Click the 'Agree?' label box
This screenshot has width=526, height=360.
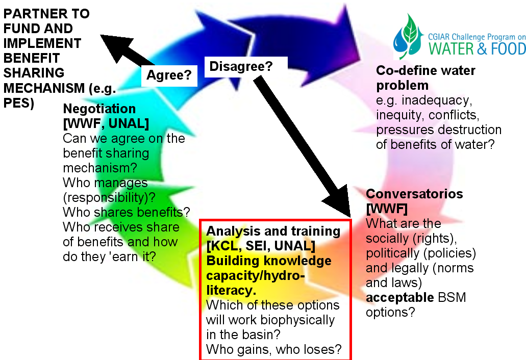click(x=169, y=75)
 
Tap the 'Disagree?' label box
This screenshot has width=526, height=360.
click(x=241, y=66)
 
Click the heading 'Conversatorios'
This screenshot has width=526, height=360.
click(x=415, y=194)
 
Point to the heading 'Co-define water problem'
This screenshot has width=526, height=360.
click(x=426, y=78)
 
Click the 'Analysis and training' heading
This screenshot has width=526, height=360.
click(x=273, y=232)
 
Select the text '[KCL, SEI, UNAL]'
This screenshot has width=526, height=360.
click(x=260, y=246)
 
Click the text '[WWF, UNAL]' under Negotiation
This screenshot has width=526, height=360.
click(x=106, y=124)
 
